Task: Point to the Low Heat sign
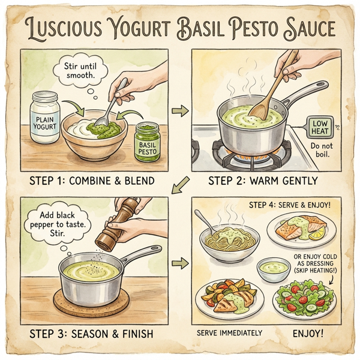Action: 319,127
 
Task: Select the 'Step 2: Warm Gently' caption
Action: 263,179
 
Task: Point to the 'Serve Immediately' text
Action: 230,332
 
